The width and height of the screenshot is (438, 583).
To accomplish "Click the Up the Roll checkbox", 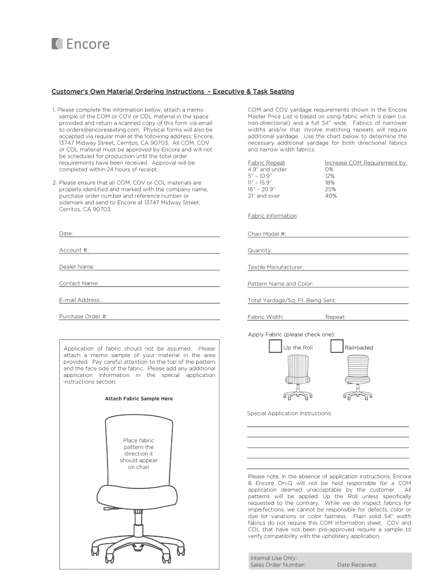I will [275, 347].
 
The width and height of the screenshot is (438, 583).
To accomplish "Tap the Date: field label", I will [66, 233].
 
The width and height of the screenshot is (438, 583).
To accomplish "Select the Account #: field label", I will [74, 250].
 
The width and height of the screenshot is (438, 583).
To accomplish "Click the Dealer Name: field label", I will [77, 266].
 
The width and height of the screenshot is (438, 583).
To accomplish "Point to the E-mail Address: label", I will [80, 299].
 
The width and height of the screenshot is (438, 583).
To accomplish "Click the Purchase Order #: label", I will [83, 316].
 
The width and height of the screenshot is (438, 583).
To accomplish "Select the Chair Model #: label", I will [267, 233].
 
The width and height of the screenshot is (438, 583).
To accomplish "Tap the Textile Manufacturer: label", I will [275, 267].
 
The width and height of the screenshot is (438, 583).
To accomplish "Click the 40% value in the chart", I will [331, 196].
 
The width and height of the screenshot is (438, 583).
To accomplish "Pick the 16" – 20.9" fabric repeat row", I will [262, 189].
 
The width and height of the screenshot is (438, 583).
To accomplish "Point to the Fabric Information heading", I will [272, 216].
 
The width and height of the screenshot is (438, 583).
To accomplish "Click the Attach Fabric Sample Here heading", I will [139, 399].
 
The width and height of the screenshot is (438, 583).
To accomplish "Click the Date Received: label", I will [357, 565].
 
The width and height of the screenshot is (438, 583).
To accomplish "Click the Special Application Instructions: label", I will [289, 413].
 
